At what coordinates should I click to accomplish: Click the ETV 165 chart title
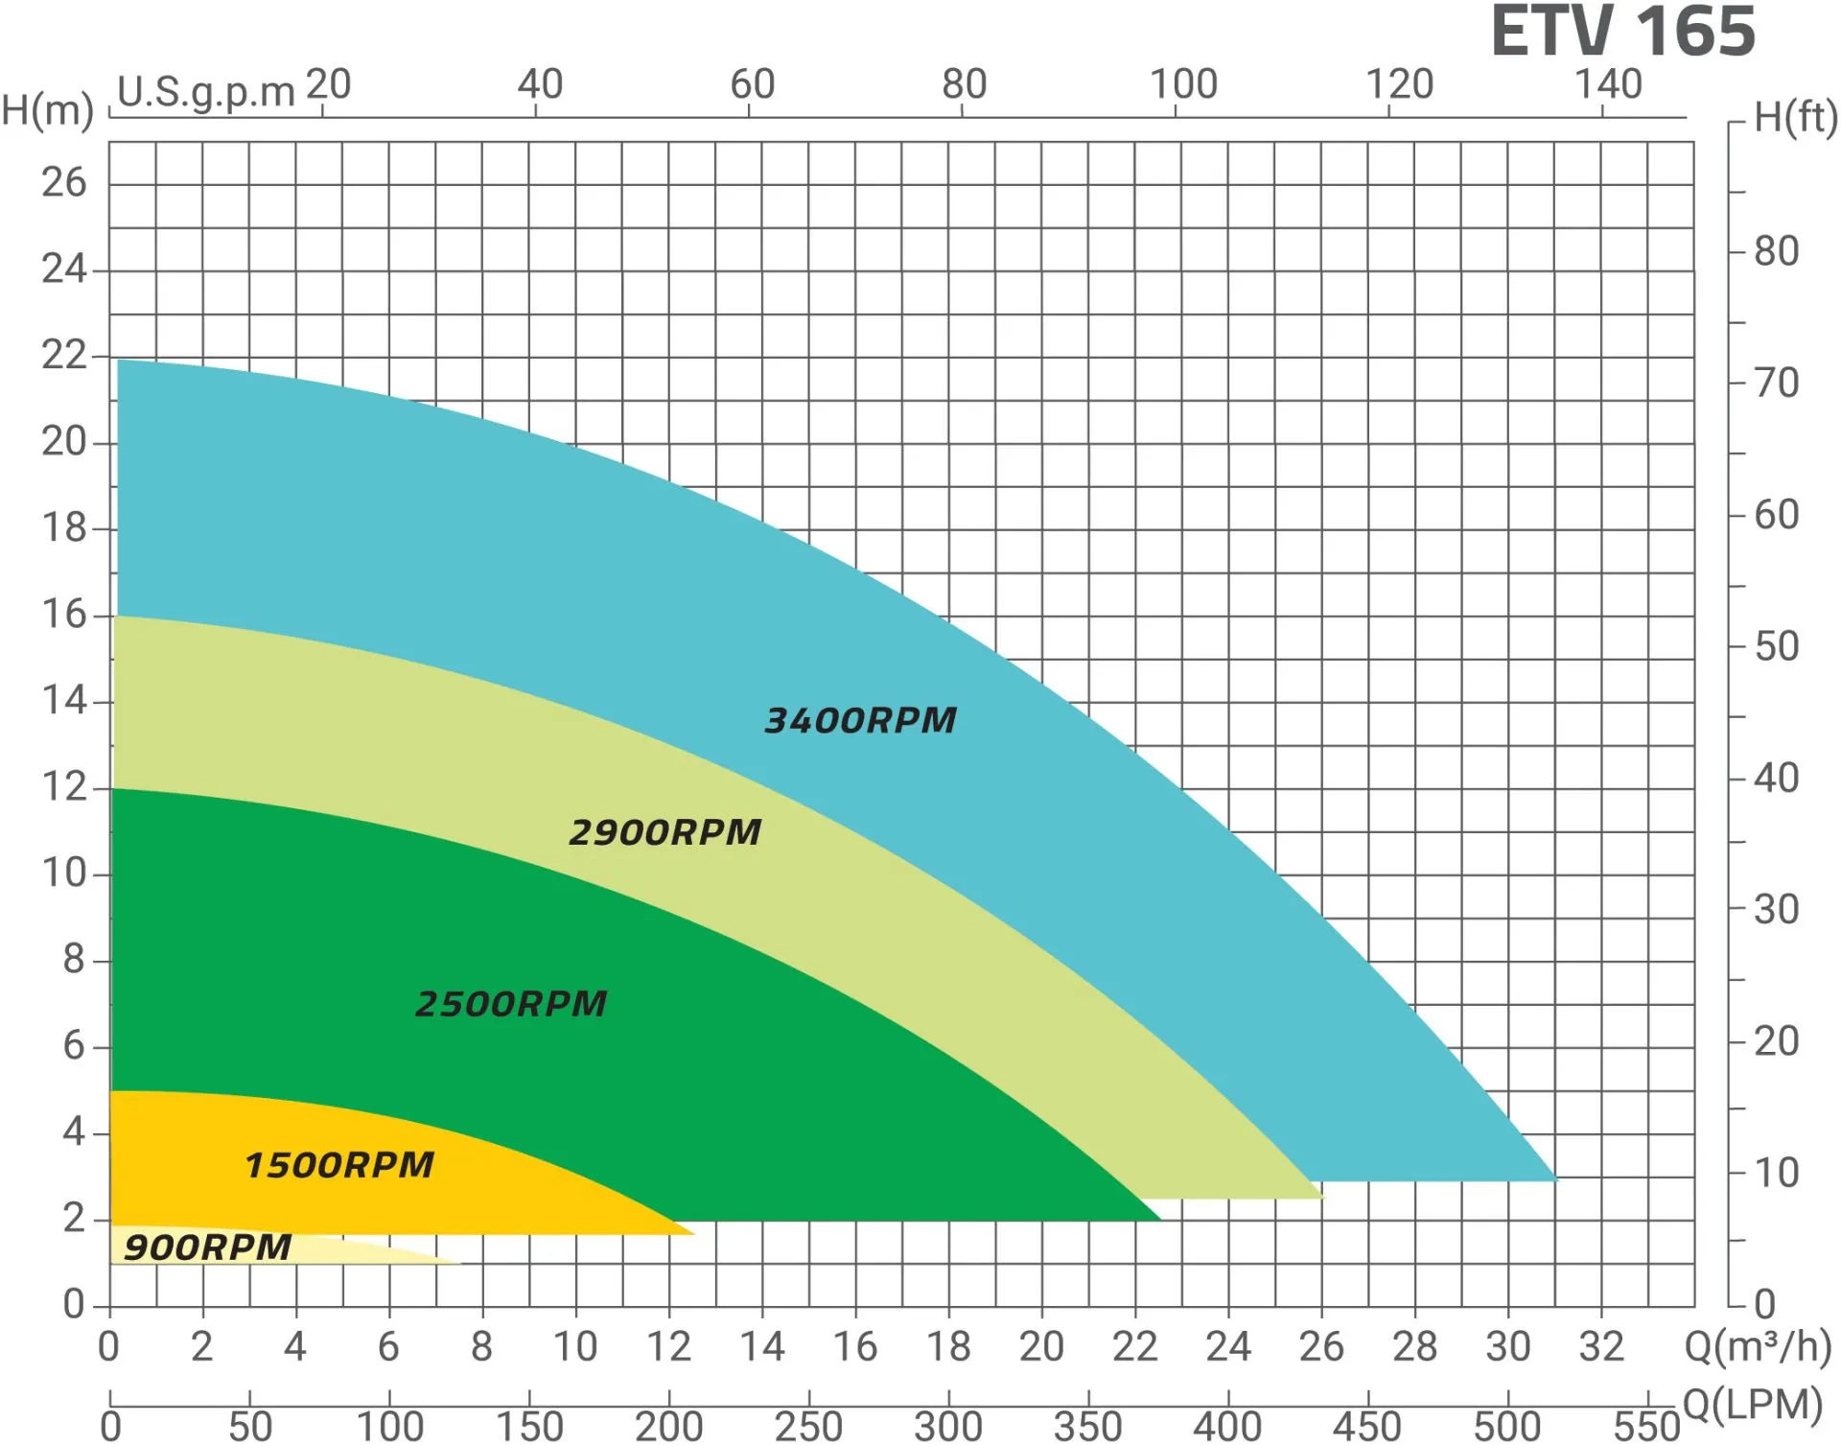click(1622, 32)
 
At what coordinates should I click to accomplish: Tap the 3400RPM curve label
click(860, 720)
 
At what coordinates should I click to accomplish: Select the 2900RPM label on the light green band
click(664, 832)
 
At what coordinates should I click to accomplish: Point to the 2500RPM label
click(511, 1004)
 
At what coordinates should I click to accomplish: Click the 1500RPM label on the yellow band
click(339, 1165)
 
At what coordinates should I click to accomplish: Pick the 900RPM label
click(207, 1247)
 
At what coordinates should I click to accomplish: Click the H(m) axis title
click(46, 110)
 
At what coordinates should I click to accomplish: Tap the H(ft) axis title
click(1795, 117)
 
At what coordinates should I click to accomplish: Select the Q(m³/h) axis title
click(1758, 1347)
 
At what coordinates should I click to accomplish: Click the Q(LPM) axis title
click(1752, 1406)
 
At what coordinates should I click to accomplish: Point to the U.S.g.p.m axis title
click(205, 92)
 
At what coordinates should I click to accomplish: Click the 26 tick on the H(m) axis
click(63, 182)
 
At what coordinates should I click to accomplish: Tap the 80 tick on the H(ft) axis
click(1776, 251)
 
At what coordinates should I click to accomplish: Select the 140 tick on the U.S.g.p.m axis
click(1609, 84)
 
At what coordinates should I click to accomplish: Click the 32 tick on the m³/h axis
click(1600, 1347)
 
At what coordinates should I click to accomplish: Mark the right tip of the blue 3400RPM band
click(1555, 1179)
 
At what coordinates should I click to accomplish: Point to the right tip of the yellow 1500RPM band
click(693, 1232)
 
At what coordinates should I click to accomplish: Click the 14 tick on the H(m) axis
click(63, 700)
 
